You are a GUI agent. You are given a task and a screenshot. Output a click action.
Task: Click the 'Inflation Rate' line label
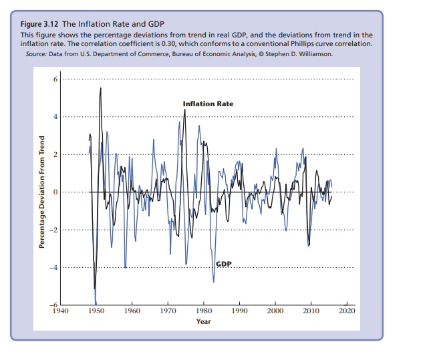coord(208,104)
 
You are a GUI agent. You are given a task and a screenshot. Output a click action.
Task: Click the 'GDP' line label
coord(224,264)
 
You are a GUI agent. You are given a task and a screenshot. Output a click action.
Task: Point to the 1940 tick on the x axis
coord(60,311)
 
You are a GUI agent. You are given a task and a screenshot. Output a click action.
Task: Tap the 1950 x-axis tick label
coord(96,311)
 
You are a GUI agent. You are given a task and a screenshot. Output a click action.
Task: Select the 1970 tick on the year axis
coord(168,311)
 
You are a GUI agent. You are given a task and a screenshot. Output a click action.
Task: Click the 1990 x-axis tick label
coord(239,311)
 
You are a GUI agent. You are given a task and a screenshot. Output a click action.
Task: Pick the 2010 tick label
coord(311,311)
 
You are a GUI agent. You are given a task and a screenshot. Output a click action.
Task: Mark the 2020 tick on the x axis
coord(347,311)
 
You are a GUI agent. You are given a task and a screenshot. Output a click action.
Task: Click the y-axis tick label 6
coord(56,79)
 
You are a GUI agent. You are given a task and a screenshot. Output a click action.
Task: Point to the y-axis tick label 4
coord(56,117)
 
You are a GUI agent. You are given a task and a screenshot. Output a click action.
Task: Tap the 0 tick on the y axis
coord(56,192)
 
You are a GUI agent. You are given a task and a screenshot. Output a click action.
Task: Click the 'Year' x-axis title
coord(204,322)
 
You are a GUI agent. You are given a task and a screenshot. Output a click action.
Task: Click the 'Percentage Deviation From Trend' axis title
coord(41,192)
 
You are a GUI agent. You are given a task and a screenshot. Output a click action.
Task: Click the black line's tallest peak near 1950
coord(100,88)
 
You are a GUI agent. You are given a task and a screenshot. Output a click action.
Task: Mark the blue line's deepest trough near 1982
coord(214,281)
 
